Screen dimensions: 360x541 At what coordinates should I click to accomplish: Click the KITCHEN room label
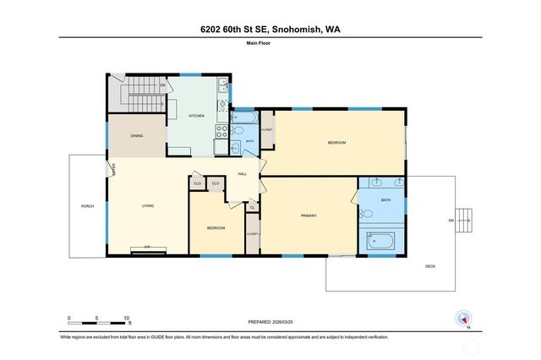(196, 115)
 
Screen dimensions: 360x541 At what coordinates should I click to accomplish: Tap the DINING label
(136, 136)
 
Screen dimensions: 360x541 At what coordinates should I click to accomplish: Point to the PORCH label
(87, 206)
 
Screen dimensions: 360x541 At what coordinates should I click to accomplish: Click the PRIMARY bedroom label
(309, 216)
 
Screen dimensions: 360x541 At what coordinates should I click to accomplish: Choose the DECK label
(430, 266)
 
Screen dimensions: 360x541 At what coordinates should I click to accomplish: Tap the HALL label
(242, 173)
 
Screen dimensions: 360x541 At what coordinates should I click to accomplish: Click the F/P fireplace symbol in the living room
(147, 248)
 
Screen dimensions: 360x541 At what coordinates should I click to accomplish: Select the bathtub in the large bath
(381, 242)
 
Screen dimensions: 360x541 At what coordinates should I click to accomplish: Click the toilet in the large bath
(367, 215)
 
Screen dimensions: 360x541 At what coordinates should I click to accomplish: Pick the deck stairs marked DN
(463, 220)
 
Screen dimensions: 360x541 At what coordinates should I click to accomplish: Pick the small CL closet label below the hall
(252, 206)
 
